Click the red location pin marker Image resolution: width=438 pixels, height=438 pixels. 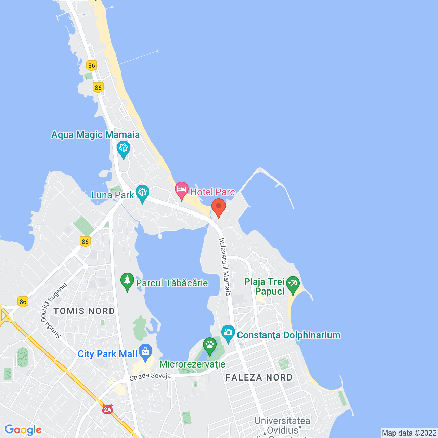(x=218, y=206)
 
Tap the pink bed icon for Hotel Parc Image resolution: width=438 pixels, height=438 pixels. (x=182, y=189)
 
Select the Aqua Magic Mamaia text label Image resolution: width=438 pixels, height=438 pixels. (x=95, y=135)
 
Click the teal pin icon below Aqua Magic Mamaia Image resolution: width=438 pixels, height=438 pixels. (x=123, y=149)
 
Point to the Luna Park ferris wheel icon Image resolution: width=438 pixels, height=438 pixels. (x=142, y=192)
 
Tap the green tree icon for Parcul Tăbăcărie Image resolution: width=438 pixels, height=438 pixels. (x=127, y=281)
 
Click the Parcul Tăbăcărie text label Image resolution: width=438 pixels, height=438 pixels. (x=172, y=283)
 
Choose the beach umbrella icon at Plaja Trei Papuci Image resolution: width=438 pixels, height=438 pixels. (x=293, y=284)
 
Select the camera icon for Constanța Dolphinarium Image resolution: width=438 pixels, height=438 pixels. (x=228, y=332)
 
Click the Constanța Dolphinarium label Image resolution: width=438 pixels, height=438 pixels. (x=288, y=335)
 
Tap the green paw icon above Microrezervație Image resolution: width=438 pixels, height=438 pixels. (x=210, y=345)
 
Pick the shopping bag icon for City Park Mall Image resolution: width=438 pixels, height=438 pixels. (x=146, y=351)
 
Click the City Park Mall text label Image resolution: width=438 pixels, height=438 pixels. (x=107, y=354)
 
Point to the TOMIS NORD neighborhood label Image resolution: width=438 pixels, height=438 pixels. (x=84, y=311)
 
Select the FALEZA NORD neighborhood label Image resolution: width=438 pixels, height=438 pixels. (x=259, y=377)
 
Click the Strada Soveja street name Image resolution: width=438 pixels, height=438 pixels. (x=150, y=376)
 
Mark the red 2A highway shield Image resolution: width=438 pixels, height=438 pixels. (x=107, y=409)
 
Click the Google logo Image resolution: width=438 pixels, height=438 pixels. (x=23, y=430)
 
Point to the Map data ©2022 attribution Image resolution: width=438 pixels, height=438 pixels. (x=409, y=433)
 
